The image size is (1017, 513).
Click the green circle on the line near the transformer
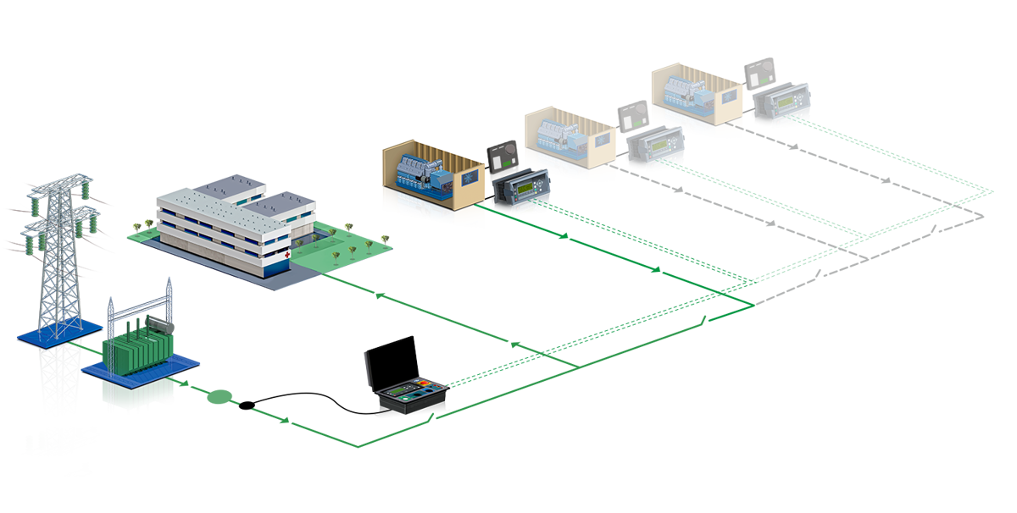click(220, 395)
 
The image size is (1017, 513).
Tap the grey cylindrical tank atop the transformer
click(158, 324)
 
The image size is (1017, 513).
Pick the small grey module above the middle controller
click(632, 117)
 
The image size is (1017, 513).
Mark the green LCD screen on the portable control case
click(401, 391)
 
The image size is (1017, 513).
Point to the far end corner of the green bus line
click(993, 191)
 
